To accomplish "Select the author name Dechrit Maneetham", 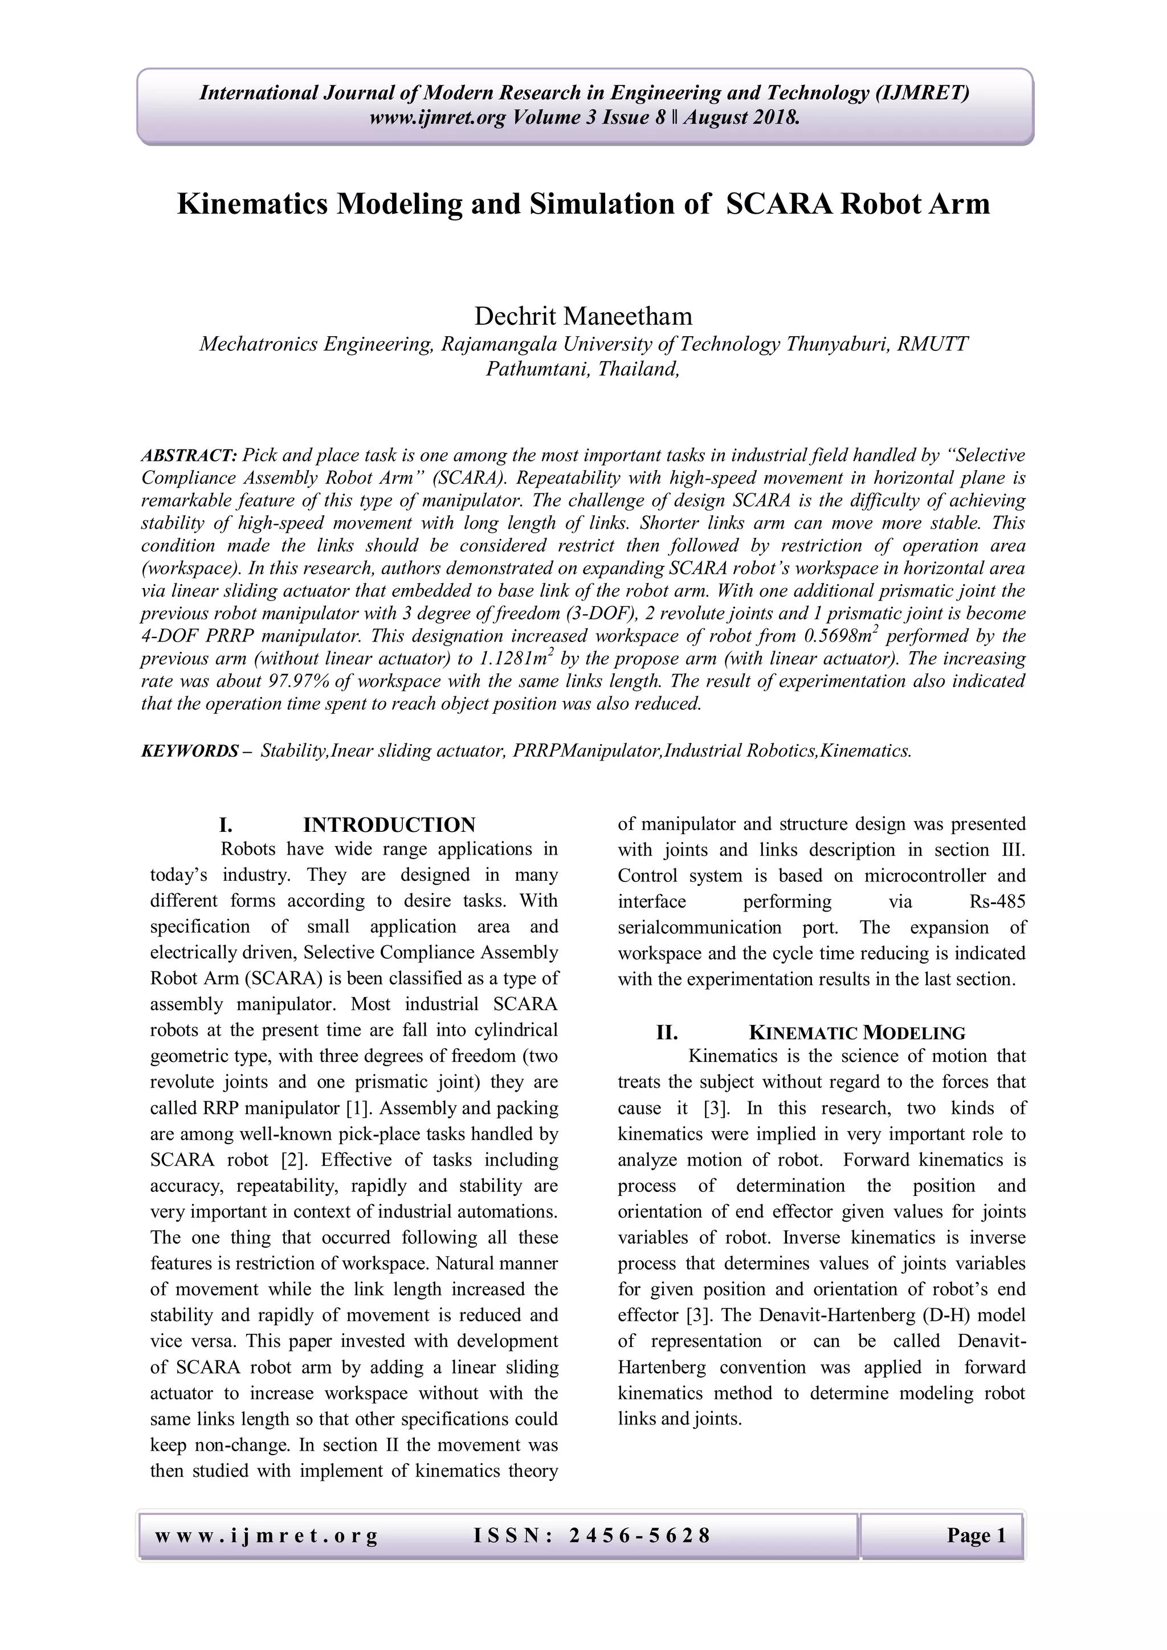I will (583, 316).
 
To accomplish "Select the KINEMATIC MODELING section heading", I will (856, 1034).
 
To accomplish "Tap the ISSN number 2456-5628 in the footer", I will (639, 1535).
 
